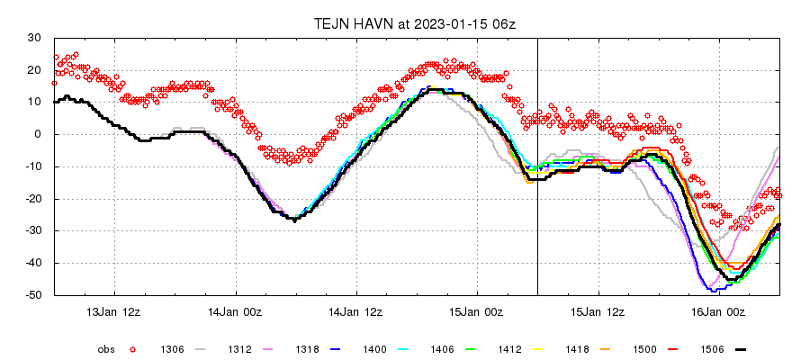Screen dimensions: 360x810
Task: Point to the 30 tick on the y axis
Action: pyautogui.click(x=35, y=38)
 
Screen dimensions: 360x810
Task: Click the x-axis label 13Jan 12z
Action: pyautogui.click(x=114, y=312)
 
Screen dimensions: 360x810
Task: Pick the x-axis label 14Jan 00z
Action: pyautogui.click(x=236, y=312)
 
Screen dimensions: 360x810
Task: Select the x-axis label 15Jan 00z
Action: pyautogui.click(x=478, y=312)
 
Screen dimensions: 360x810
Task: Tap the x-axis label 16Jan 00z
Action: pyautogui.click(x=720, y=312)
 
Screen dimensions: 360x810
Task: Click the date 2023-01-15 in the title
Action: pyautogui.click(x=447, y=22)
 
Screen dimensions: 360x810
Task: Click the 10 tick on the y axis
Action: pyautogui.click(x=38, y=102)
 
